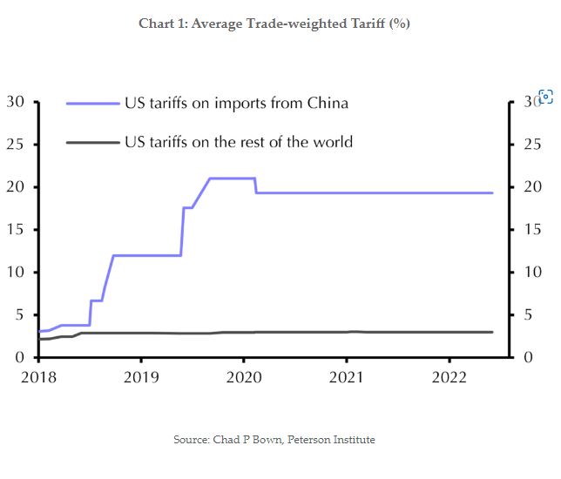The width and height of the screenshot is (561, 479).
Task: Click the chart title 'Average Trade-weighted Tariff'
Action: pos(274,24)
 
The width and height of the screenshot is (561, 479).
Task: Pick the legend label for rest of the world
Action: pos(239,141)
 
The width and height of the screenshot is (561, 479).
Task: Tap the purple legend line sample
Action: pos(93,104)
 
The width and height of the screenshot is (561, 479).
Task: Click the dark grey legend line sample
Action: pos(93,141)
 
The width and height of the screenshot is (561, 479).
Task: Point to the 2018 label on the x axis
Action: pos(38,377)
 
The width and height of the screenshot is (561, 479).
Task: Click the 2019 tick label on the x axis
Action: pos(141,377)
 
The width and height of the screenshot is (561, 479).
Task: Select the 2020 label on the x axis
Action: pos(244,377)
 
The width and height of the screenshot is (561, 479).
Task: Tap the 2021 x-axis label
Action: pos(347,377)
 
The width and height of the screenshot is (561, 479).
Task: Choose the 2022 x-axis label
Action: pos(449,377)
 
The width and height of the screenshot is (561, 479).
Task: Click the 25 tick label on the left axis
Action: pos(15,145)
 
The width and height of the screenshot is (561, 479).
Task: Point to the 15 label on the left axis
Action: pos(15,230)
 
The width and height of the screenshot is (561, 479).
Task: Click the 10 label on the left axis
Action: pos(15,273)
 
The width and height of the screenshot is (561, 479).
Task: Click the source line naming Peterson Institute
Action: pos(274,440)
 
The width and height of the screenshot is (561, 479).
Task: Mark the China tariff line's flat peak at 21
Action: pos(232,179)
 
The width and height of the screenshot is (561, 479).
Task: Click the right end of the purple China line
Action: pos(492,192)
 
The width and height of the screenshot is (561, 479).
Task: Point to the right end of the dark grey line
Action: pos(492,332)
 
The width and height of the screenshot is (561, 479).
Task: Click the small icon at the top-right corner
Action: pos(546,97)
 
